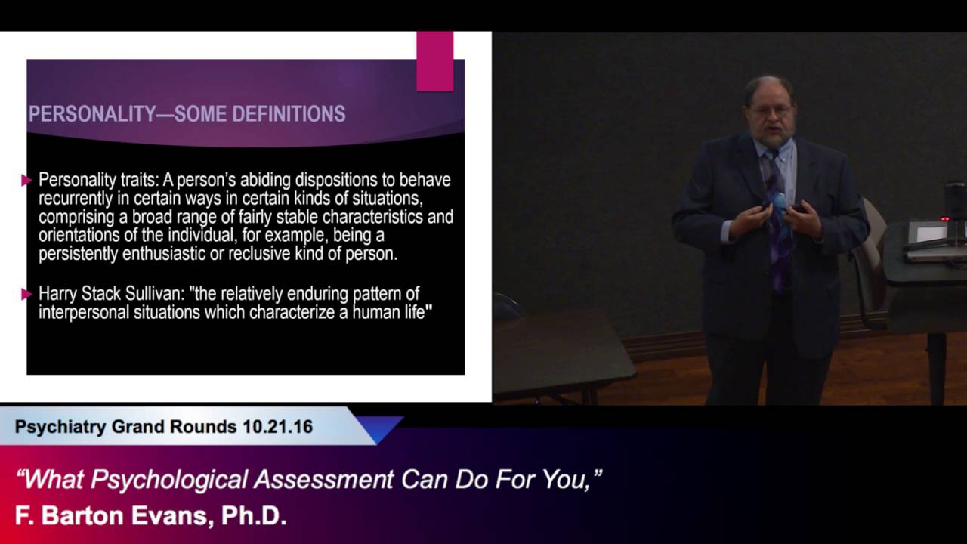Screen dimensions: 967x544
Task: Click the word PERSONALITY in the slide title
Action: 92,114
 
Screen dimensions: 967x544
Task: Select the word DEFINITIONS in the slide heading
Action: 289,114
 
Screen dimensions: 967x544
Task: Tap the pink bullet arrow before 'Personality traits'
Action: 26,180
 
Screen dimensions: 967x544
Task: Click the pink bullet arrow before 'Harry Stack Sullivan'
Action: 26,295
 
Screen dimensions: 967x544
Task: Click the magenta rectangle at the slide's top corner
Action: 434,61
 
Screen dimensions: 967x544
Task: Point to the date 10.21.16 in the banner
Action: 277,427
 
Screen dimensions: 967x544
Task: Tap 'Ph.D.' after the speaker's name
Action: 254,516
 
